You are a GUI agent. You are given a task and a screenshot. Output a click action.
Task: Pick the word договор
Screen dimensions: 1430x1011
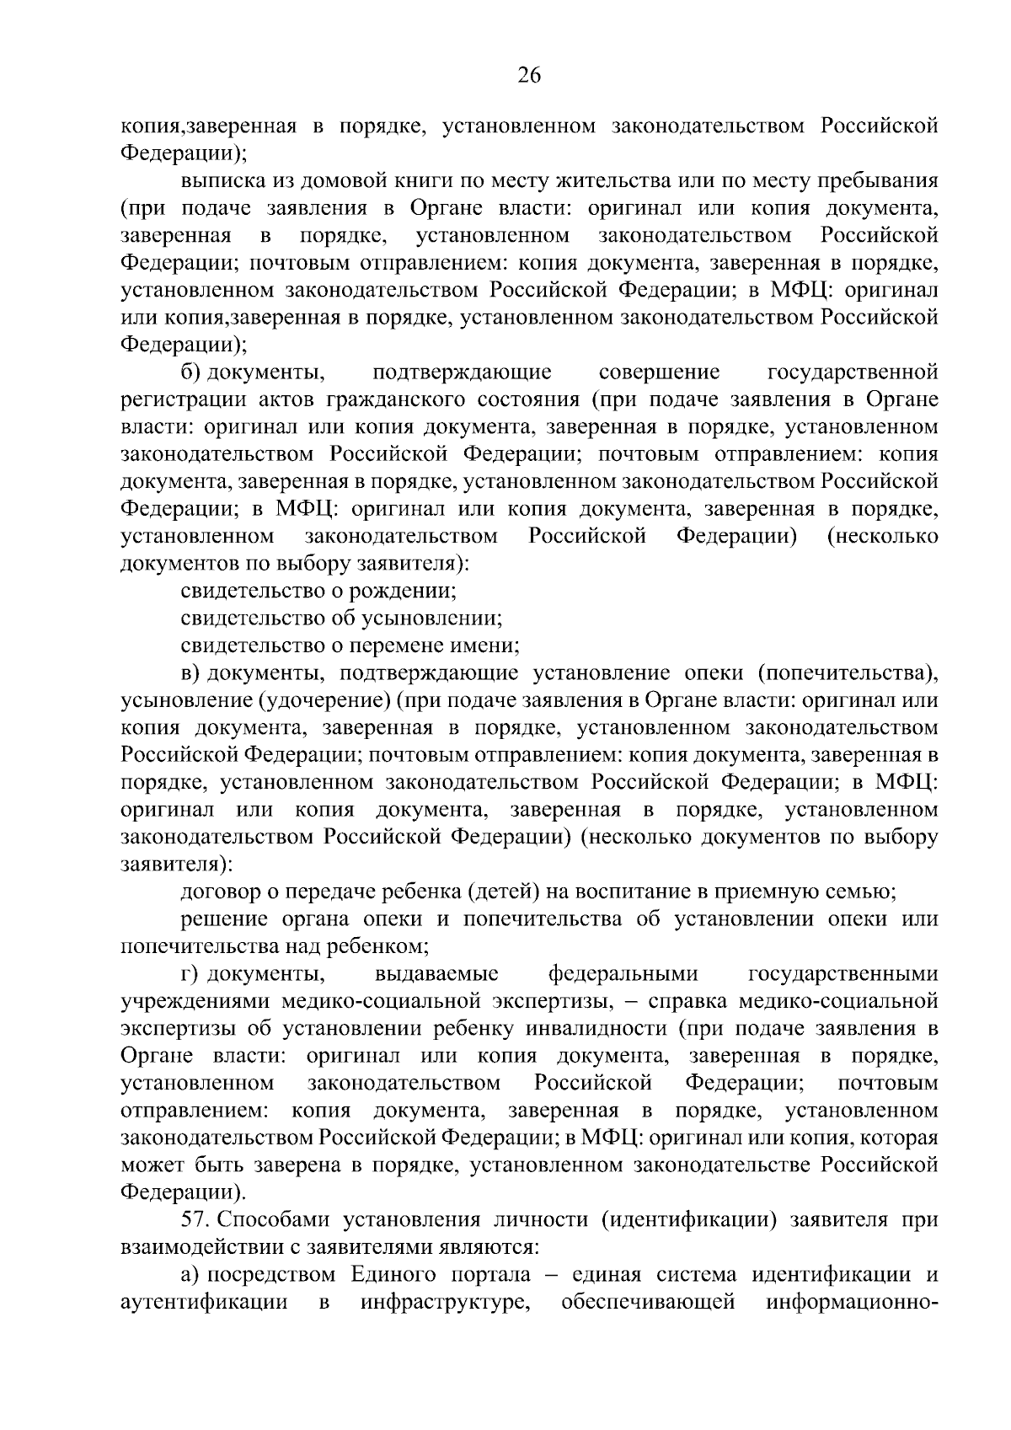[x=217, y=892]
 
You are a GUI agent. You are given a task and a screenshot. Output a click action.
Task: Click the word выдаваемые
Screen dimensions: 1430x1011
[x=436, y=974]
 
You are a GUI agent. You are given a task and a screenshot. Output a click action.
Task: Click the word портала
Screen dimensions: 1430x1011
[x=483, y=1275]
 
